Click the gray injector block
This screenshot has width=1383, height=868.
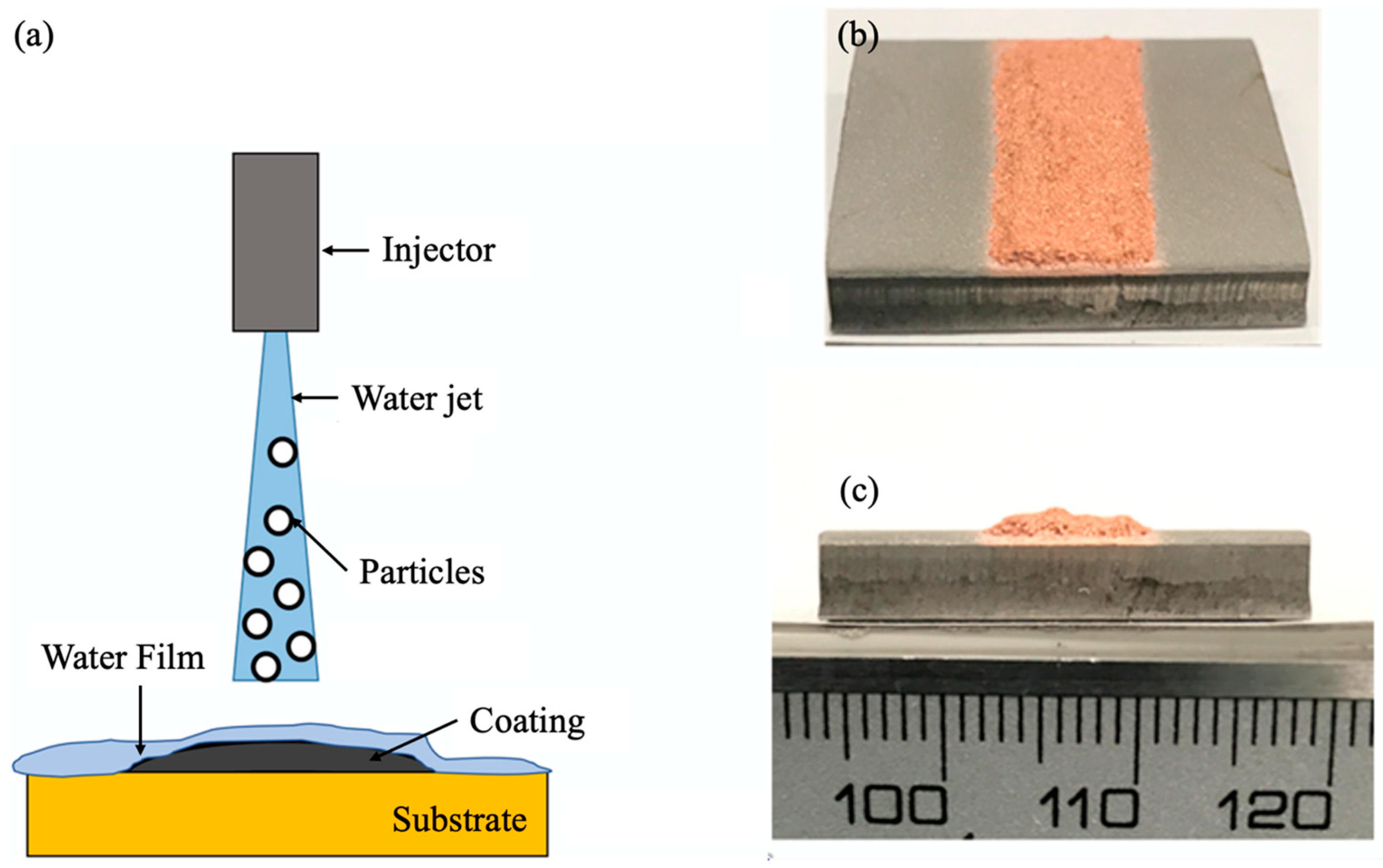point(275,242)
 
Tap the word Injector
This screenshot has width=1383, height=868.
point(439,250)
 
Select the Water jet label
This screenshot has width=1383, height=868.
point(418,398)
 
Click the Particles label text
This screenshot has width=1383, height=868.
point(422,572)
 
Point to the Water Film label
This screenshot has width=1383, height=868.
point(123,657)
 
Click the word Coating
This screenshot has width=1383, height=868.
point(527,721)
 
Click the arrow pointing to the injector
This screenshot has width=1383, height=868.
point(345,250)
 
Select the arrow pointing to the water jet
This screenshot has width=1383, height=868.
point(315,397)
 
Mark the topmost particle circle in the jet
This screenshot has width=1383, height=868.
point(283,453)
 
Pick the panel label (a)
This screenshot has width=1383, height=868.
point(34,38)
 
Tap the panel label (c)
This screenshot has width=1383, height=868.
point(859,492)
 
